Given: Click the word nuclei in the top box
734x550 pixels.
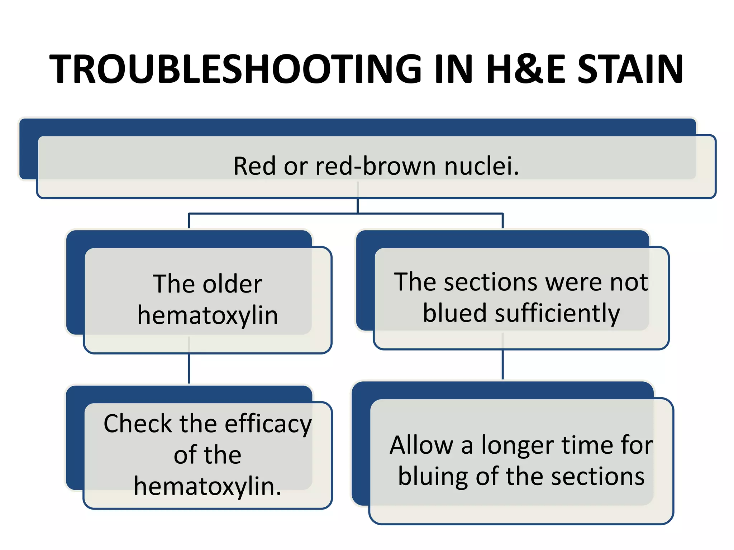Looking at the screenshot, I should (x=481, y=166).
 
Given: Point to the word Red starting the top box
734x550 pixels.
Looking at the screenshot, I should (x=255, y=166).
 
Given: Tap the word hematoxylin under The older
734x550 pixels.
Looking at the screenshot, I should (x=208, y=315).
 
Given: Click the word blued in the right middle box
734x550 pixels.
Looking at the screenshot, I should (x=454, y=313).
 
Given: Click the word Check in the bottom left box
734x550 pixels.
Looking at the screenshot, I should (x=138, y=424).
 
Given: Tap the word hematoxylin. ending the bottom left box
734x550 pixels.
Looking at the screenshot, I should (x=208, y=486).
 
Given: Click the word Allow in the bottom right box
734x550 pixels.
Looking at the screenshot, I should (x=421, y=445).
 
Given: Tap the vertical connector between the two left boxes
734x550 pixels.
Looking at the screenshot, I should (x=189, y=369).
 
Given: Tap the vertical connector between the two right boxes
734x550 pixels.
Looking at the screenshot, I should (x=502, y=365).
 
